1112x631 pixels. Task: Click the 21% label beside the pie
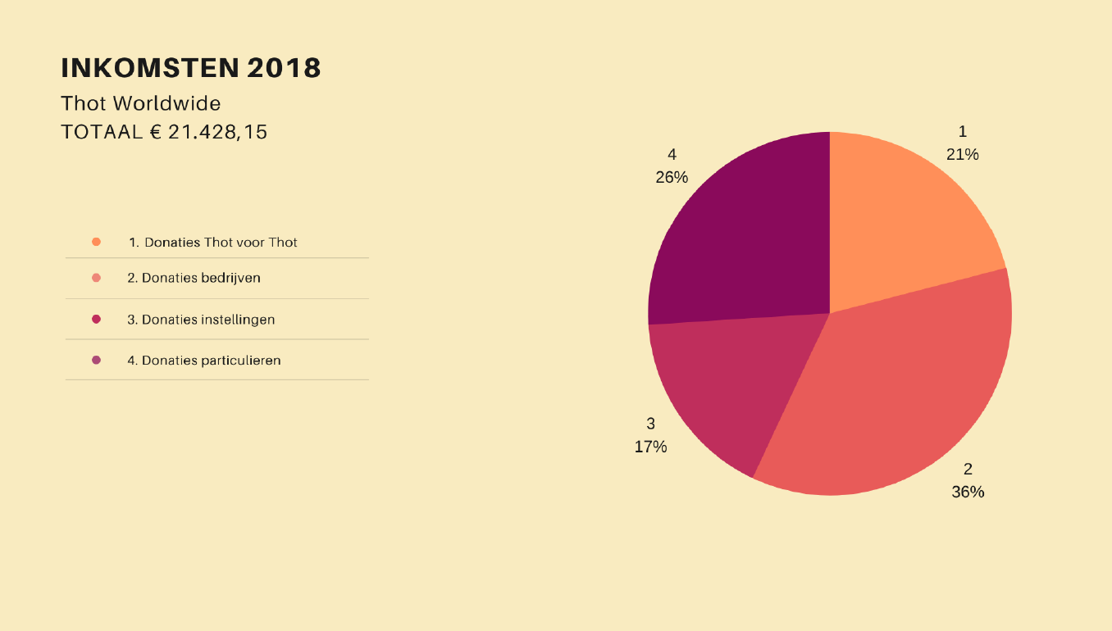coord(962,154)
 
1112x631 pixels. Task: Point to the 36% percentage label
coord(968,492)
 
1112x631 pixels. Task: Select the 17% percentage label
coord(650,447)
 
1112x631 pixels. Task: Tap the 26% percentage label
coord(672,177)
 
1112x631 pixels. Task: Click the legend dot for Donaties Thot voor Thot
coord(97,242)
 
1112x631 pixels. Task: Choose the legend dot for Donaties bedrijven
coord(97,278)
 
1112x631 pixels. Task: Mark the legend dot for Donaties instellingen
coord(97,319)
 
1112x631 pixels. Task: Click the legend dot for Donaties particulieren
coord(97,360)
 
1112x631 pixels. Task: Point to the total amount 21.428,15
coord(217,131)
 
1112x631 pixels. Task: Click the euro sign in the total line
coord(155,131)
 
